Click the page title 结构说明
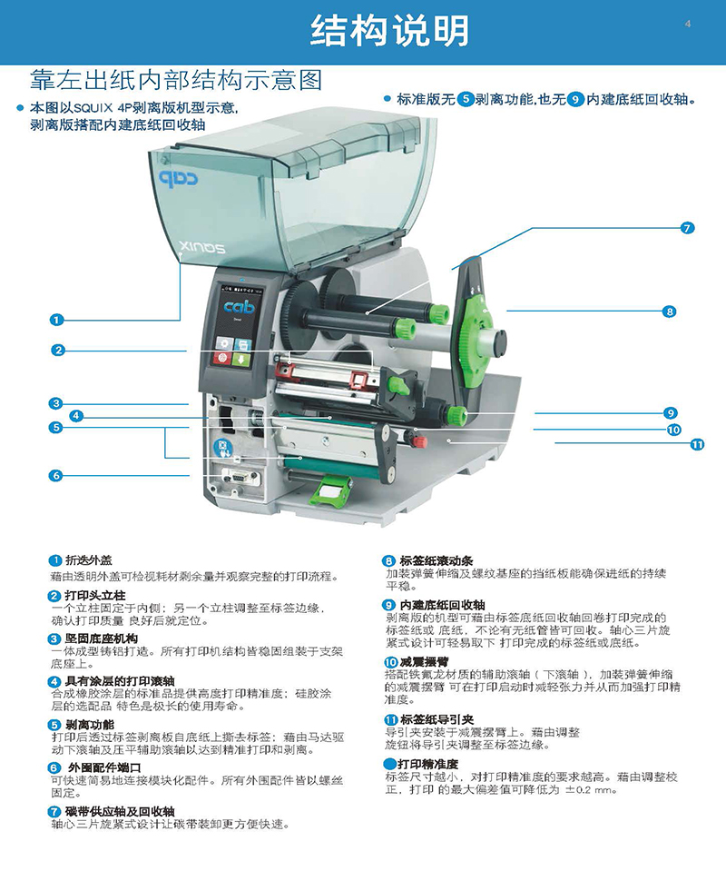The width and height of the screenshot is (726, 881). [x=389, y=31]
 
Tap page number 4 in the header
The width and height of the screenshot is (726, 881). [x=688, y=24]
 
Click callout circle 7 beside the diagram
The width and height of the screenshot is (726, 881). [x=687, y=228]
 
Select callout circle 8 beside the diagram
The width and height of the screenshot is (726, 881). [x=669, y=312]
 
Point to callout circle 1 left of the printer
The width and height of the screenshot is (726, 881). [x=56, y=320]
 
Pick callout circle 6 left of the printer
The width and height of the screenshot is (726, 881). [x=55, y=475]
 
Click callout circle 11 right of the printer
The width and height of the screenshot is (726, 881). [x=697, y=444]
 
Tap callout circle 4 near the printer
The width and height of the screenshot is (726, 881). [x=76, y=416]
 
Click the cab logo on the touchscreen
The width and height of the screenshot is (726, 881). [x=240, y=307]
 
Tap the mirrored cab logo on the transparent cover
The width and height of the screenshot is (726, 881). [x=179, y=178]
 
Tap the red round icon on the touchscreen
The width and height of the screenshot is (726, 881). [x=223, y=359]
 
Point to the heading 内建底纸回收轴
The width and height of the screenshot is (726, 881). [x=443, y=605]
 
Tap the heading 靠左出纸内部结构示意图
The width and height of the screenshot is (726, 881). [x=176, y=80]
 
